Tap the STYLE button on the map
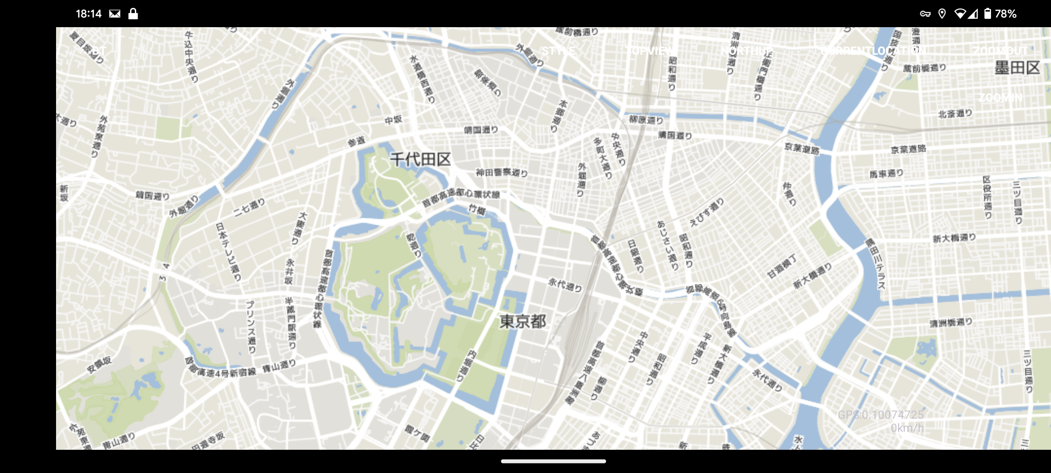[558, 51]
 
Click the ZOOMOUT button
[1000, 51]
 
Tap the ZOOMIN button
[1000, 97]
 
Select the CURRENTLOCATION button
[873, 51]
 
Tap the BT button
[99, 51]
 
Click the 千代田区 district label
[420, 159]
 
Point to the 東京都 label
[523, 321]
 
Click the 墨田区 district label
[1017, 68]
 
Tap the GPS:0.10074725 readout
[881, 415]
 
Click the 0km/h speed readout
[907, 428]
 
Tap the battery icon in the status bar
[988, 14]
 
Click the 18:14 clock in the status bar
[88, 14]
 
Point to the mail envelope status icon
[115, 14]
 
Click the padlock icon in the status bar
[133, 14]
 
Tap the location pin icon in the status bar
[942, 14]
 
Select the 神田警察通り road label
[502, 173]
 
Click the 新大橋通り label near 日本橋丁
[813, 276]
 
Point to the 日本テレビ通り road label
[228, 251]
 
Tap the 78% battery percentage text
[1005, 14]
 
